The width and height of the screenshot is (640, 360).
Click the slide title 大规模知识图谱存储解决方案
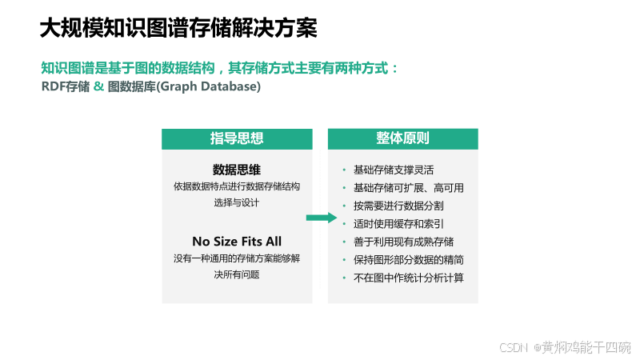click(178, 29)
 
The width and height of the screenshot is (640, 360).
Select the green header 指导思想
click(237, 138)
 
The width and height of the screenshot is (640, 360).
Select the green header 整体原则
click(402, 138)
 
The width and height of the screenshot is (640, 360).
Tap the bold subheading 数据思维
click(237, 170)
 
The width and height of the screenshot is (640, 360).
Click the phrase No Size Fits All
click(237, 241)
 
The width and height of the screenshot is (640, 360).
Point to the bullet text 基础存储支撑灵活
click(394, 170)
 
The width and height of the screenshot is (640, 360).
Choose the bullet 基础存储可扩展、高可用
click(408, 188)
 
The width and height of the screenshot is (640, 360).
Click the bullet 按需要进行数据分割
click(398, 206)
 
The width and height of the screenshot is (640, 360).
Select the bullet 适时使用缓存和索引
click(398, 224)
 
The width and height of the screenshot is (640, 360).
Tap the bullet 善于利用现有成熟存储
click(403, 242)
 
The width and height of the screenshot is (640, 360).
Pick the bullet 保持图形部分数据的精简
click(408, 260)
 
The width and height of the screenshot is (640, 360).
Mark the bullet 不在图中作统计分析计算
click(408, 278)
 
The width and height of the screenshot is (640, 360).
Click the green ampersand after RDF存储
click(98, 86)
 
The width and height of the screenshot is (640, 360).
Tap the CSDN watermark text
click(565, 347)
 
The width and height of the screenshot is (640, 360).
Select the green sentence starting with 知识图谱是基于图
click(219, 68)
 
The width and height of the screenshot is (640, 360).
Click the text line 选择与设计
click(237, 203)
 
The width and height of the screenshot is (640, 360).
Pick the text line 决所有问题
click(237, 274)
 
